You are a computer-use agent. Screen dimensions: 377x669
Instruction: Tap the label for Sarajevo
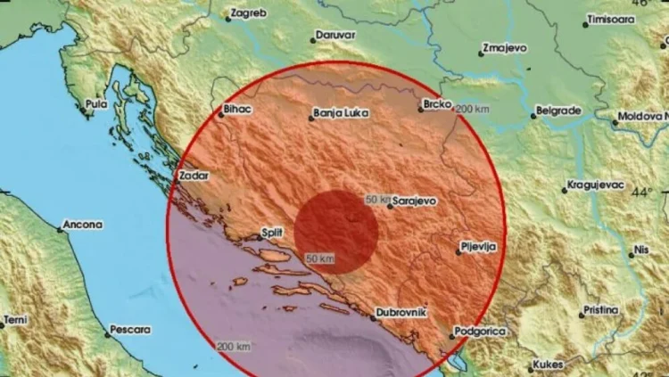pyautogui.click(x=415, y=201)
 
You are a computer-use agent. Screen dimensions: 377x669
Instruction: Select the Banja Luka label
pyautogui.click(x=336, y=115)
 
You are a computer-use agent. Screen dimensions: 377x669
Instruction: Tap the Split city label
pyautogui.click(x=271, y=233)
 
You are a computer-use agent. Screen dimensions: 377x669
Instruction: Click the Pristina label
pyautogui.click(x=599, y=310)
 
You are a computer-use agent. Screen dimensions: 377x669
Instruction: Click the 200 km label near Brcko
pyautogui.click(x=472, y=109)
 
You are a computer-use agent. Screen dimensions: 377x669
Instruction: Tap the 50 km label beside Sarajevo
pyautogui.click(x=378, y=200)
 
